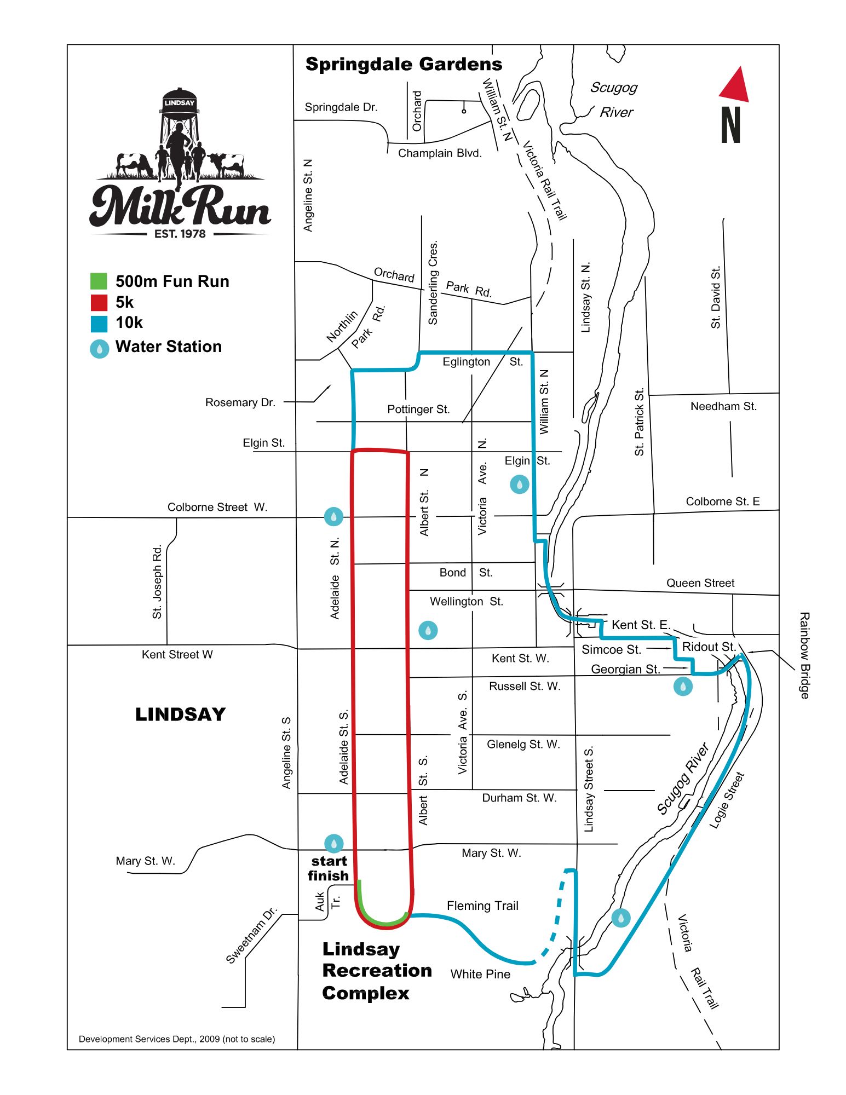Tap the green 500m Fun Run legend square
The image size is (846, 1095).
click(x=99, y=281)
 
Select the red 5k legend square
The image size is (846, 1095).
click(x=99, y=302)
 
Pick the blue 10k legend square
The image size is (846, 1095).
click(x=99, y=324)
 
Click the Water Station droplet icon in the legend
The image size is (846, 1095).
click(x=99, y=349)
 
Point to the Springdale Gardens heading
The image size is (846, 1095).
click(x=404, y=64)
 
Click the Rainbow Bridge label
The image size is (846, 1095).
click(x=804, y=655)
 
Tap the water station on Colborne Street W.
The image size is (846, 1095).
click(x=333, y=516)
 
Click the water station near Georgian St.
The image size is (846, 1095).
click(x=683, y=686)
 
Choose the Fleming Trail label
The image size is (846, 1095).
click(x=482, y=906)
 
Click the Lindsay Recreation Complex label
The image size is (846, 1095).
click(x=377, y=971)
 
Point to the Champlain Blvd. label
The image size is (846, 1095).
click(x=440, y=153)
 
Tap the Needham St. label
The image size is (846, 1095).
click(x=723, y=406)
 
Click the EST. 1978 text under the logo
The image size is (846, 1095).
click(x=180, y=234)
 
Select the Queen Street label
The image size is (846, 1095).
click(x=700, y=583)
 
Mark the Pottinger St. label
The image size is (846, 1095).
click(x=418, y=410)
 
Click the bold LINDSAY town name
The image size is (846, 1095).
click(x=180, y=714)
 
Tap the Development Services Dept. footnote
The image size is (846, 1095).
click(x=177, y=1039)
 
